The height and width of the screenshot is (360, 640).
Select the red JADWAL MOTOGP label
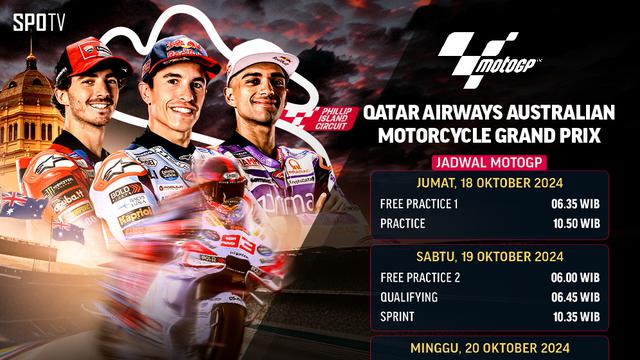[483, 163]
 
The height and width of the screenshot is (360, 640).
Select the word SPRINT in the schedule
[398, 318]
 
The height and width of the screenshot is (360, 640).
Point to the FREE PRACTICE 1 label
[421, 204]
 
